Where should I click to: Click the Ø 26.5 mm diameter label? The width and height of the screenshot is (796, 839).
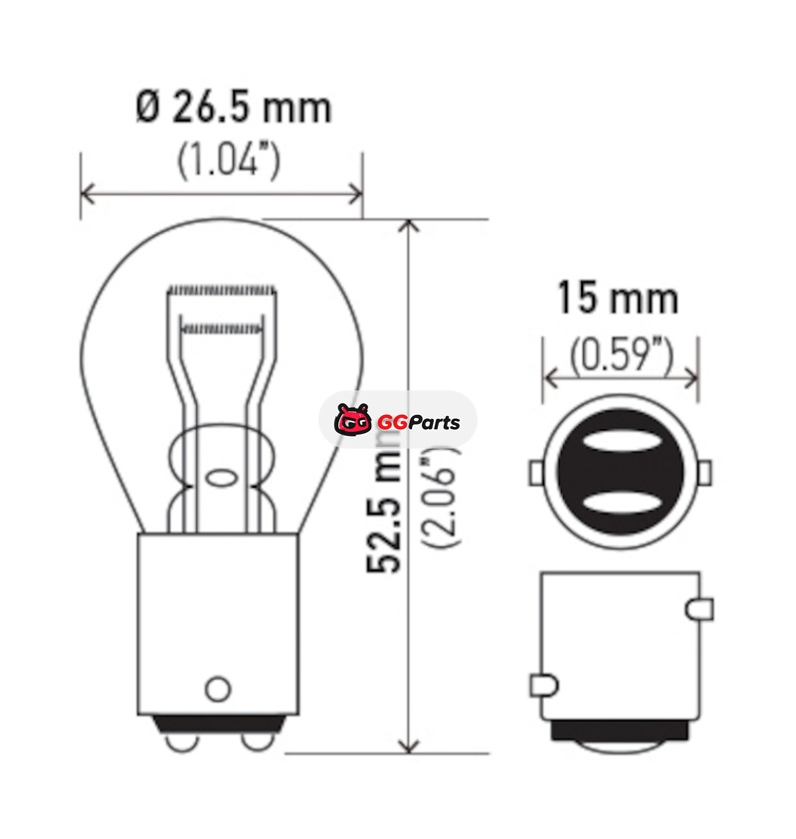pos(234,108)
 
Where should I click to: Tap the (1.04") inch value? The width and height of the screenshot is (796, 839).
pos(229,159)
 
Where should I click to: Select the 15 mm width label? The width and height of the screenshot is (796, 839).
pos(618,299)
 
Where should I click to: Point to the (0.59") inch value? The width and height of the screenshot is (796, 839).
pos(621,355)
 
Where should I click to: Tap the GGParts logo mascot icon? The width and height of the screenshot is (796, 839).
pos(353,419)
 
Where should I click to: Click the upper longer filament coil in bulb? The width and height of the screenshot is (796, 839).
pos(222,291)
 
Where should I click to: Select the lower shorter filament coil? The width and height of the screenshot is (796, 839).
pos(222,327)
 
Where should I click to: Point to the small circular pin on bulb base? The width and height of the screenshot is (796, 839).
pos(218,689)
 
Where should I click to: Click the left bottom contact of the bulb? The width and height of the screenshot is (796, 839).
pos(182,741)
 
